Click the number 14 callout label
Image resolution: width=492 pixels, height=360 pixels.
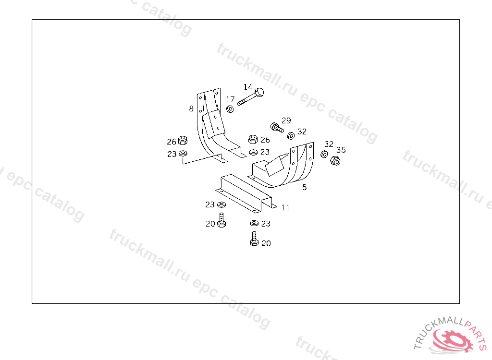(248, 87)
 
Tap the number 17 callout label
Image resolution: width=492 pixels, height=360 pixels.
(231, 100)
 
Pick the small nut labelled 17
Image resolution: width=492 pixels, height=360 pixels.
(230, 109)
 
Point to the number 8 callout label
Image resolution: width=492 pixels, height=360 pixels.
(191, 109)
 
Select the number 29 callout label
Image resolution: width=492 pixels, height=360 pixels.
(286, 120)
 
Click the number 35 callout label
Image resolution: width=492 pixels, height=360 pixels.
(341, 150)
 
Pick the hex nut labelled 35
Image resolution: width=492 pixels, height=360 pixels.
(335, 160)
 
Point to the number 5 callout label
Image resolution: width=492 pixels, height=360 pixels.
(305, 188)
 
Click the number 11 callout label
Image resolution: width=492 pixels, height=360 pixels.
(285, 208)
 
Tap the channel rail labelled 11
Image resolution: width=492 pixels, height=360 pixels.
(245, 192)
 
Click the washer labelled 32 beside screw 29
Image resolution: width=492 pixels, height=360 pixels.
(291, 135)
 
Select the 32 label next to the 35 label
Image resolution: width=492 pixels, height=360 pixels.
(329, 144)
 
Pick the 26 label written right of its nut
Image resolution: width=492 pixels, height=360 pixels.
(265, 140)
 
